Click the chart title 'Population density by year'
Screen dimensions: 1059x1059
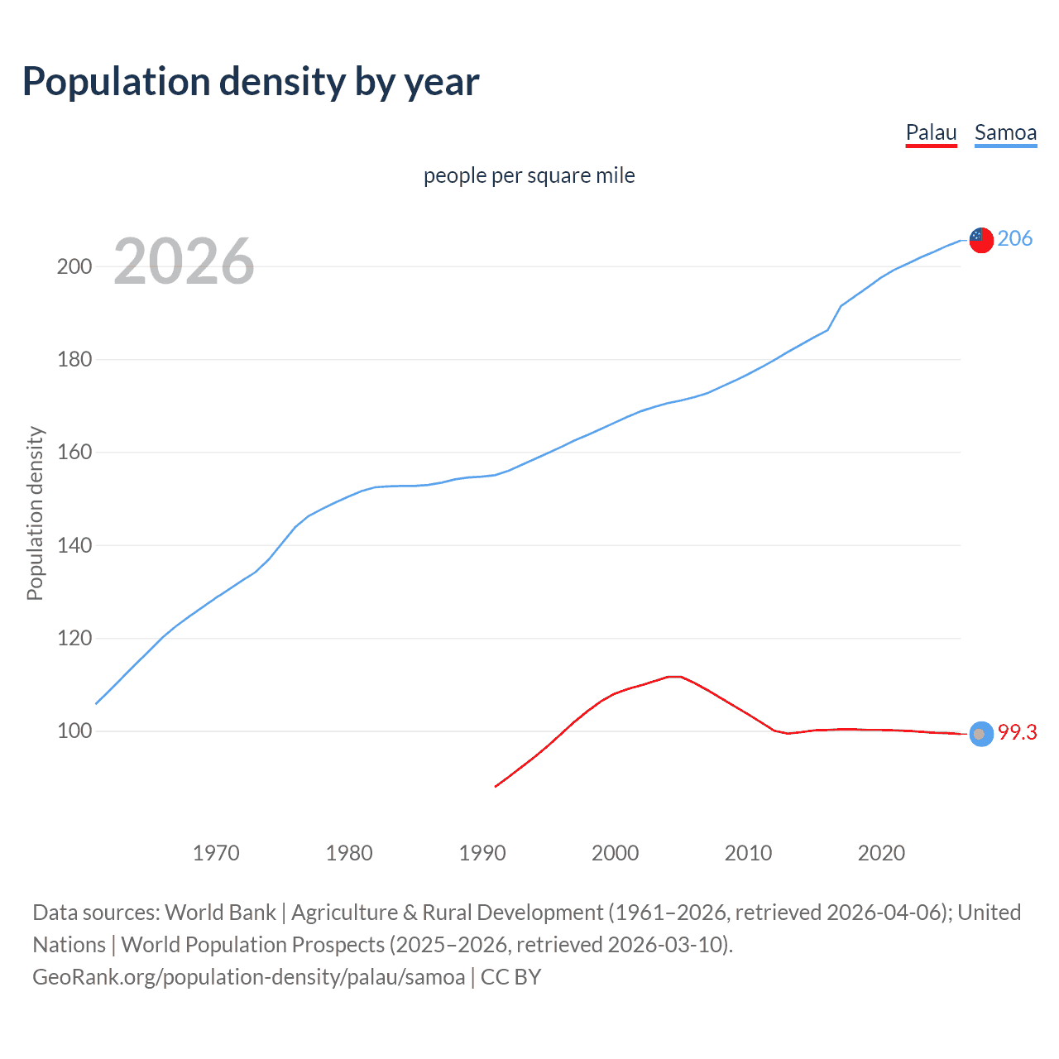pyautogui.click(x=251, y=82)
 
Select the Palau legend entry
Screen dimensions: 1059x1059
pyautogui.click(x=931, y=132)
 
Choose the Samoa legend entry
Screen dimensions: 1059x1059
pyautogui.click(x=1005, y=132)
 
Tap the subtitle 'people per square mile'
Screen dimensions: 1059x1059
pyautogui.click(x=529, y=175)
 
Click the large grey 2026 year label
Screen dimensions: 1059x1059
pyautogui.click(x=184, y=261)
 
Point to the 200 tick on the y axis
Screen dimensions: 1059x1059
pyautogui.click(x=74, y=266)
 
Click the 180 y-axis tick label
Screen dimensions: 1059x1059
pyautogui.click(x=74, y=360)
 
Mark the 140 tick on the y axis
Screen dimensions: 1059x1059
pyautogui.click(x=74, y=546)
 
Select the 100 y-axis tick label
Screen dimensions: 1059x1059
pyautogui.click(x=74, y=731)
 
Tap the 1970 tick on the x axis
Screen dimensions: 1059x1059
pyautogui.click(x=216, y=853)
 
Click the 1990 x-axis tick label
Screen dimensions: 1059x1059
pyautogui.click(x=482, y=853)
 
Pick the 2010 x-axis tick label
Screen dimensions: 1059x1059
pyautogui.click(x=748, y=853)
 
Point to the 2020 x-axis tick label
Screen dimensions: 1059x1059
pyautogui.click(x=881, y=853)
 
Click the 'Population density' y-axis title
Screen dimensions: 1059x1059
pyautogui.click(x=35, y=513)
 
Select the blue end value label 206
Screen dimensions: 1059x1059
pyautogui.click(x=1014, y=238)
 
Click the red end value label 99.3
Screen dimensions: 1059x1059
pyautogui.click(x=1017, y=732)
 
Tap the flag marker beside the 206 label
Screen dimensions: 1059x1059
pyautogui.click(x=980, y=239)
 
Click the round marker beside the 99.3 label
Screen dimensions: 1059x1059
pyautogui.click(x=980, y=734)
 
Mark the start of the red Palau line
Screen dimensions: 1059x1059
pyautogui.click(x=496, y=786)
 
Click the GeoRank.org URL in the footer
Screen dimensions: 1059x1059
pyautogui.click(x=248, y=977)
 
